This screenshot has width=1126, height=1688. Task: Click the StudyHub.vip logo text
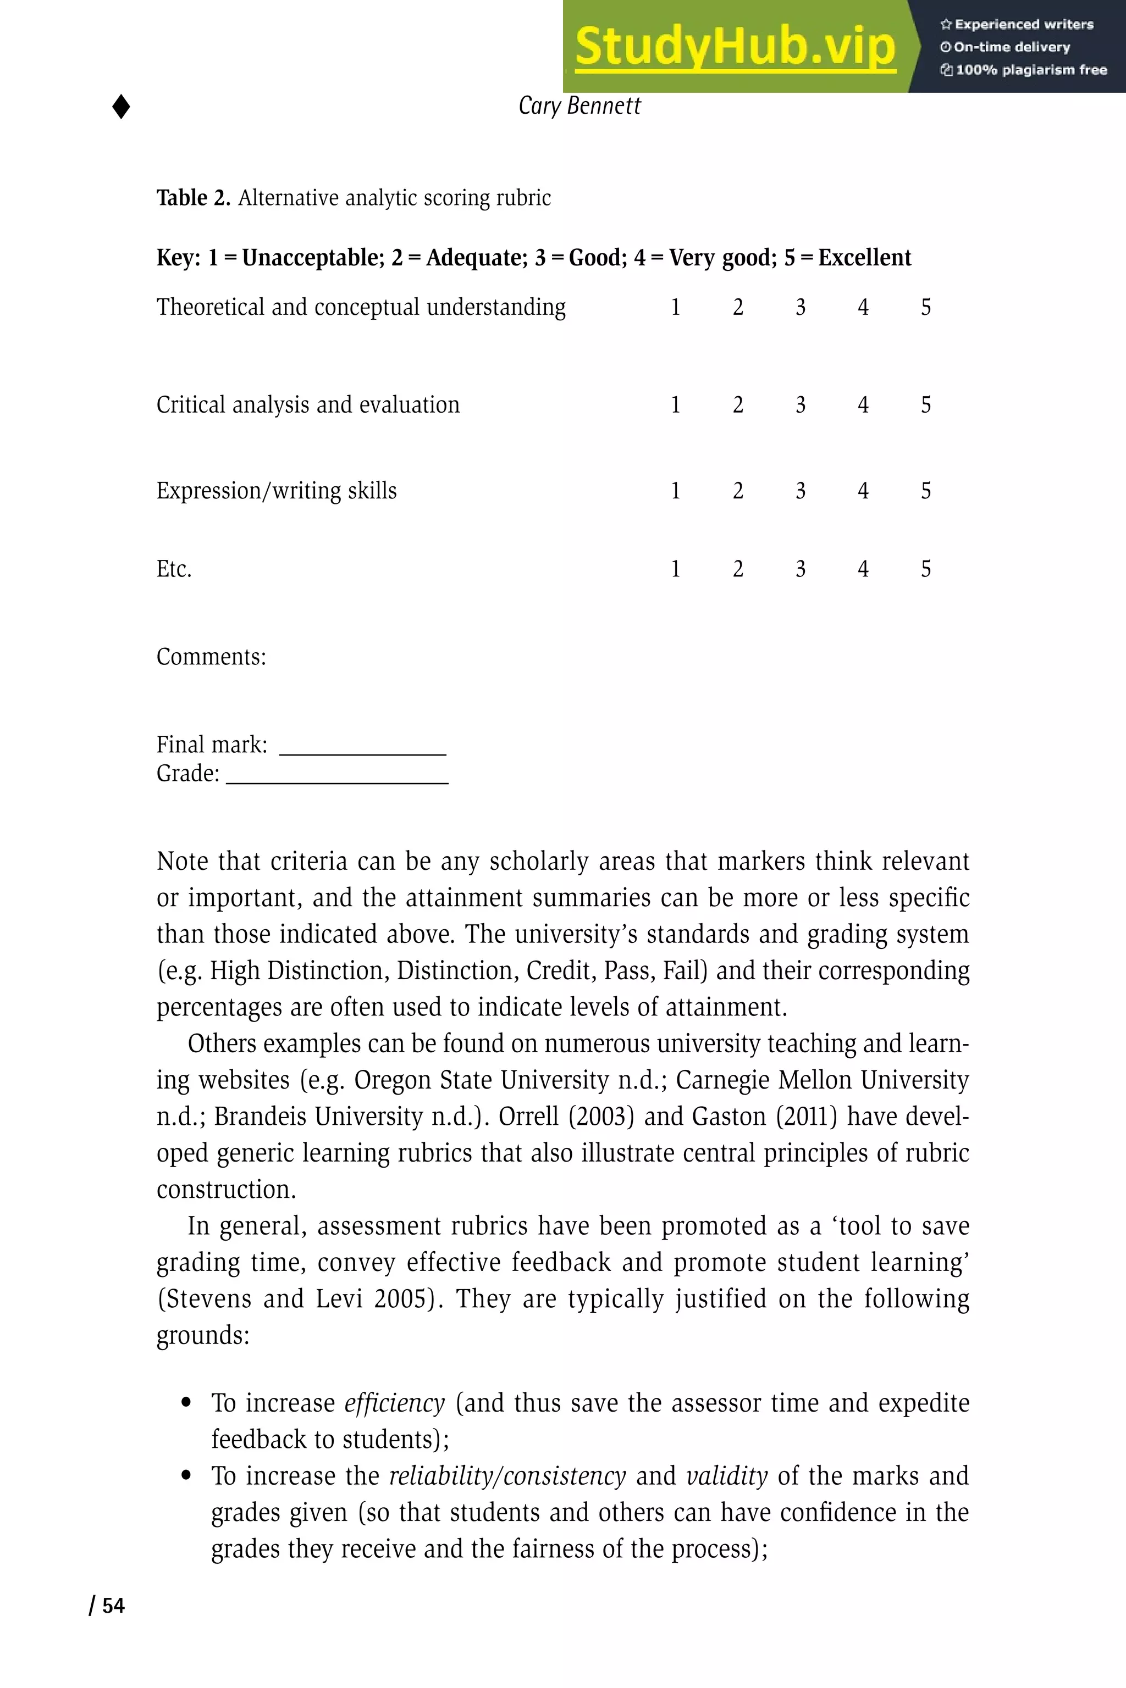[x=735, y=46]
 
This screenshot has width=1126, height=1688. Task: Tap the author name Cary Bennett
[x=579, y=106]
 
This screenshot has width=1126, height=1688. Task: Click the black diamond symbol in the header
[x=122, y=107]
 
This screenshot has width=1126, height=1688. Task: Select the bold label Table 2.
[x=193, y=197]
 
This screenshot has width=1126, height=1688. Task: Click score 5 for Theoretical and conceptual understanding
[x=926, y=307]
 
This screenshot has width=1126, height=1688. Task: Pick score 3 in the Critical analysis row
[x=800, y=405]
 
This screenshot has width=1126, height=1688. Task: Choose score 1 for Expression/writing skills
[x=675, y=491]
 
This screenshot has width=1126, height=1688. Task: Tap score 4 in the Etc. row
[x=863, y=569]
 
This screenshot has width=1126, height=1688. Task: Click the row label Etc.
[x=174, y=569]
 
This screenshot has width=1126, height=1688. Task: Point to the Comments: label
[x=211, y=657]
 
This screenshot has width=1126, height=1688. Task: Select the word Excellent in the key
[x=865, y=258]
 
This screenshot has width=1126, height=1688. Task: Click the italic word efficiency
[x=394, y=1402]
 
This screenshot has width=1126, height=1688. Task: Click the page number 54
[x=113, y=1606]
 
